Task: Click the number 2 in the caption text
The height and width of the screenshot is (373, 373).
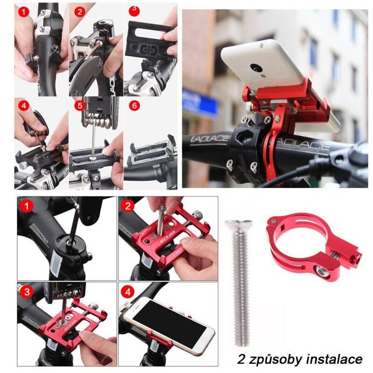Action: click(241, 359)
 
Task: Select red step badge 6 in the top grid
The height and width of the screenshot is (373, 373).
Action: click(134, 106)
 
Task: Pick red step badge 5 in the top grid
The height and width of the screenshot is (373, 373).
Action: click(78, 106)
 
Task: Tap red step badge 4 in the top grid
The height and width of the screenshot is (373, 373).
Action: click(23, 106)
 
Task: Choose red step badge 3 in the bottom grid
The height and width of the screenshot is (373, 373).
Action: click(28, 292)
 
